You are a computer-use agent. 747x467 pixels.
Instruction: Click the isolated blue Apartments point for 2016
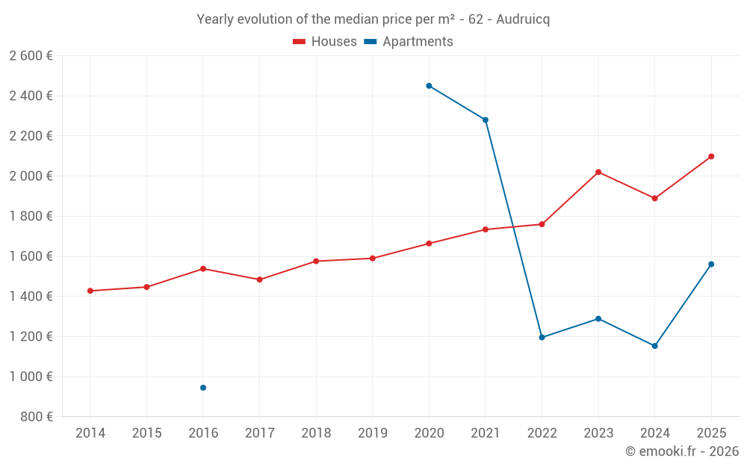[x=203, y=388]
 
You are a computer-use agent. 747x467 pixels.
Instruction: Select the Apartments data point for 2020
[x=429, y=86]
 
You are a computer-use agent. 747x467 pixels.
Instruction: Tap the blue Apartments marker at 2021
[x=486, y=120]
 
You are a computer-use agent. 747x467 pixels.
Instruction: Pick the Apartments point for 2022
[x=542, y=338]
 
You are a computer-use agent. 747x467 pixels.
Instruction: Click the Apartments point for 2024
[x=654, y=346]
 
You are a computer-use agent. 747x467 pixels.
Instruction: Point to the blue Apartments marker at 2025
[x=711, y=264]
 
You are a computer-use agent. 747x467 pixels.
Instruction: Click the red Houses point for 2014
[x=90, y=291]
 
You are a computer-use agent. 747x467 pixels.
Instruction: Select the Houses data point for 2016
[x=203, y=268]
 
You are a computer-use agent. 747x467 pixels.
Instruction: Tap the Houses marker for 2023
[x=598, y=172]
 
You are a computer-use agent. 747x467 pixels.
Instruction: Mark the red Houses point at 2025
[x=711, y=156]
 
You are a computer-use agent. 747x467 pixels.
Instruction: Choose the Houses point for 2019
[x=373, y=259]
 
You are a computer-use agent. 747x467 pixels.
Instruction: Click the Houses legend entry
[x=325, y=42]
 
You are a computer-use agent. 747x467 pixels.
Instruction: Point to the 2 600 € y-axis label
[x=31, y=56]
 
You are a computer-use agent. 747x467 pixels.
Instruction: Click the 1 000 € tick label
[x=31, y=377]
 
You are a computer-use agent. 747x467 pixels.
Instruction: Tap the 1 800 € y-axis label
[x=31, y=216]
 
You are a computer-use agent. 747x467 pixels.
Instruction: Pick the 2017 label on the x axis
[x=259, y=433]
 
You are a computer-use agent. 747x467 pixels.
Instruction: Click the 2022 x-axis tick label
[x=542, y=433]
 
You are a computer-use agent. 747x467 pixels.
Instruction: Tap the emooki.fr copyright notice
[x=681, y=451]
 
